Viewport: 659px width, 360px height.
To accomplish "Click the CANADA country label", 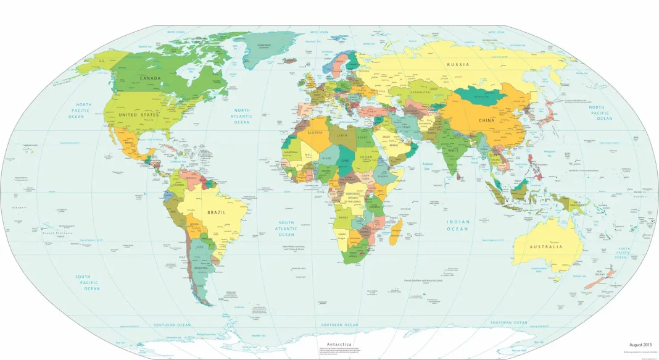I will pos(151,78).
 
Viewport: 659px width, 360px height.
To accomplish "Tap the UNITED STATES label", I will pos(139,115).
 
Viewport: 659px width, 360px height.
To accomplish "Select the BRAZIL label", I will pos(216,212).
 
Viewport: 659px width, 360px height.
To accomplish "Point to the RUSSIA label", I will pos(458,64).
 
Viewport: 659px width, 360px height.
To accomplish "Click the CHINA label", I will pos(487,120).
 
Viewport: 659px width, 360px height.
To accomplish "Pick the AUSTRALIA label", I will pos(546,247).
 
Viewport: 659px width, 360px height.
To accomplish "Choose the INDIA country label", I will pos(453,151).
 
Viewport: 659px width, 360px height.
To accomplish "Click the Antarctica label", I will pos(336,344).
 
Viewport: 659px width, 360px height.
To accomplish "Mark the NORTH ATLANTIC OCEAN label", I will pos(242,116).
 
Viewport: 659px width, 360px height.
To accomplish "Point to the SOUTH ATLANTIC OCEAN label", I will pos(286,228).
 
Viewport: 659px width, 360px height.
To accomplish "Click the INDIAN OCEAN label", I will pos(458,225).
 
